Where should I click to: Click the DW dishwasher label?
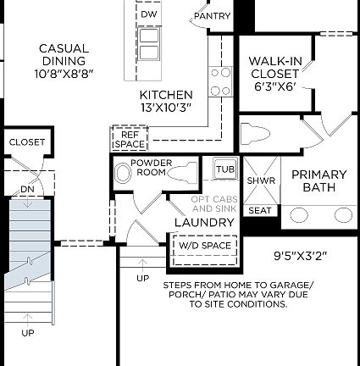coord(149,14)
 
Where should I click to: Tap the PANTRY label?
coord(212,16)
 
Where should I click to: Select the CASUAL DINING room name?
coord(64,54)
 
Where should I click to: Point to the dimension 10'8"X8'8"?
coord(64,74)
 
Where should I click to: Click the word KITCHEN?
coord(166,95)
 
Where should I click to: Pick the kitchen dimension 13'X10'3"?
coord(166,108)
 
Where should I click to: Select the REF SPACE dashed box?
coord(130,139)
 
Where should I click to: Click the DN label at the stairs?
coord(28,189)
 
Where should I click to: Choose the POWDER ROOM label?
coord(152,167)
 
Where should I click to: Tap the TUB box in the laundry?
coord(225,169)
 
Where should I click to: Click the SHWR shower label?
coord(260,180)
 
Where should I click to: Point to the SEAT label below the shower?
coord(260,210)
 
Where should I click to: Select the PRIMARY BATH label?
coord(318,180)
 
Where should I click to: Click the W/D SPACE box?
coord(203,245)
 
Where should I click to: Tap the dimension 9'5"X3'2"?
coord(300,255)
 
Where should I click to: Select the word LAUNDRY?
coord(204,222)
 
